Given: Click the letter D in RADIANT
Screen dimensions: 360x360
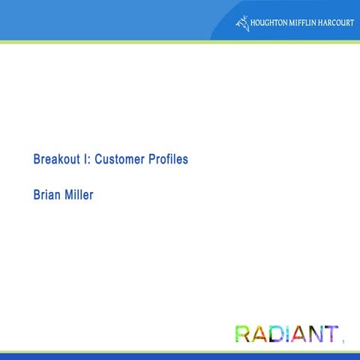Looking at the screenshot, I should click(x=277, y=334).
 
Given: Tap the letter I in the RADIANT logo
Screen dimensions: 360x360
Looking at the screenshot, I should click(x=289, y=334).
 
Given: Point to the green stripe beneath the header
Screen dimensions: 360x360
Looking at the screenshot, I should click(x=180, y=42).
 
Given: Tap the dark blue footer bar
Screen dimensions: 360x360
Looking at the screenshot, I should click(x=180, y=356).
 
